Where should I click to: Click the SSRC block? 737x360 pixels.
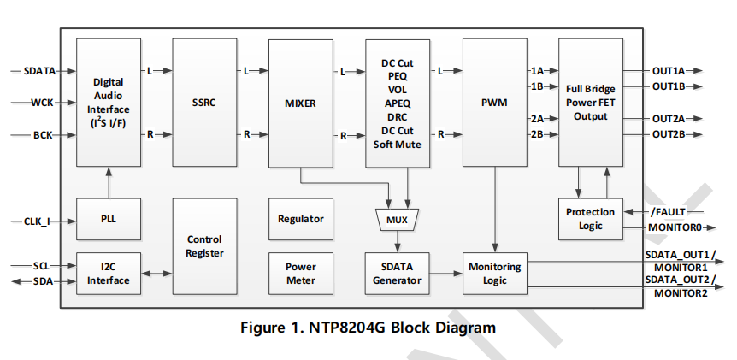pos(203,103)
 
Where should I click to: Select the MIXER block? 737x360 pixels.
pos(300,103)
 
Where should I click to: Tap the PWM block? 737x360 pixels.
pos(494,103)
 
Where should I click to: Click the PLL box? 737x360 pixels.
pos(108,219)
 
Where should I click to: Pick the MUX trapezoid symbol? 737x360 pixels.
pos(397,220)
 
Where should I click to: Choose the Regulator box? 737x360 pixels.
pos(301,219)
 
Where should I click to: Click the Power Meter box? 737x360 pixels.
pos(301,274)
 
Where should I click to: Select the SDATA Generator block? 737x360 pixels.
pos(397,274)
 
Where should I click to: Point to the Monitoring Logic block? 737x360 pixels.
pos(494,274)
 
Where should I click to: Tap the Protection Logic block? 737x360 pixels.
pos(590,219)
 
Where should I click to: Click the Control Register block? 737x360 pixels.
pos(203,246)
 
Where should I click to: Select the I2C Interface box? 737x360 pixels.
pos(108,274)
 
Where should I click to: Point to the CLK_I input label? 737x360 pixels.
pos(37,221)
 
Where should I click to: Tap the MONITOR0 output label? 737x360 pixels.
pos(675,227)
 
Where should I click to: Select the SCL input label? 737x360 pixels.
pos(41,266)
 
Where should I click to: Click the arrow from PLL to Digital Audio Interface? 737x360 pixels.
pos(108,182)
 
